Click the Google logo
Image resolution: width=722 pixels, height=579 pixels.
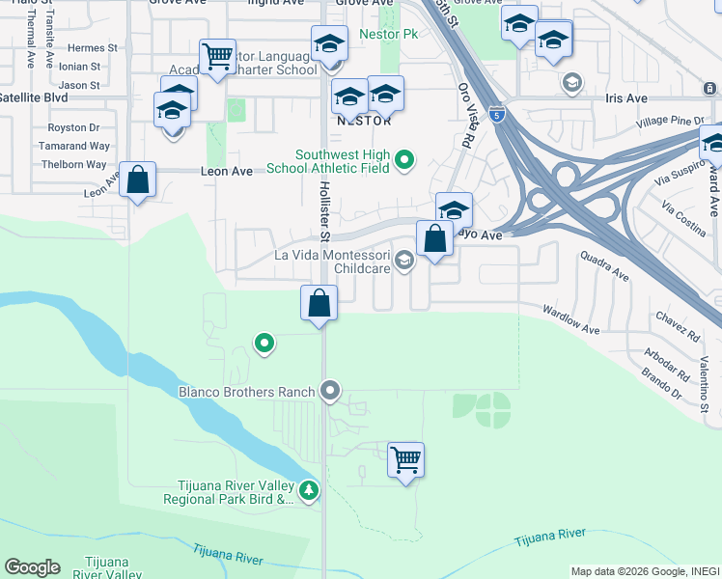32,567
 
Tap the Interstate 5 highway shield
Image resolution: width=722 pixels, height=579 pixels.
495,113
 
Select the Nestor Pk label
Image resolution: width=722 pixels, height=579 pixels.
388,34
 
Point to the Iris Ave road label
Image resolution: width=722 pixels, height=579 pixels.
626,98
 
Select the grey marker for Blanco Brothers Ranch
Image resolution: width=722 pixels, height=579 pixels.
330,391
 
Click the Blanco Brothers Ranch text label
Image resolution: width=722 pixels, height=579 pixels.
247,392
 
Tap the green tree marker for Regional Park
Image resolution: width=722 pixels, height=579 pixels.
309,491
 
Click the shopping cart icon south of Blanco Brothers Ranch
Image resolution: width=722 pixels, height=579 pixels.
405,459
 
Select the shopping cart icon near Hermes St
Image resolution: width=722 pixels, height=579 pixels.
217,56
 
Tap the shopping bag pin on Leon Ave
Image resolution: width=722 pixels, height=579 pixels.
138,179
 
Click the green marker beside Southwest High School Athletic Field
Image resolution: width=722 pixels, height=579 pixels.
404,160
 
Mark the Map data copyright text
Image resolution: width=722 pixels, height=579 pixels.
644,571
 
